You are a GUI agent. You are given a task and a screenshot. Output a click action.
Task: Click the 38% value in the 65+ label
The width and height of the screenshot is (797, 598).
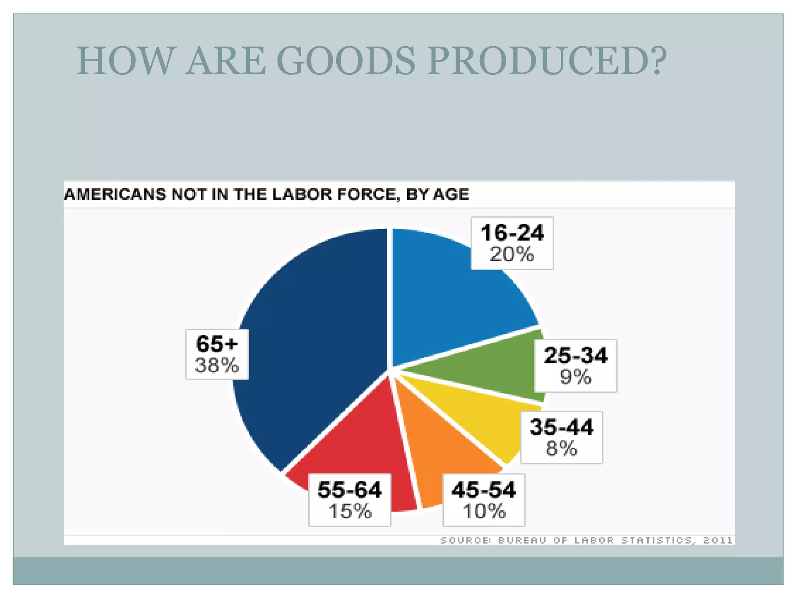(x=217, y=365)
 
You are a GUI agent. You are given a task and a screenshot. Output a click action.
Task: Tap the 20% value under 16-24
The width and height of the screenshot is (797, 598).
(x=512, y=254)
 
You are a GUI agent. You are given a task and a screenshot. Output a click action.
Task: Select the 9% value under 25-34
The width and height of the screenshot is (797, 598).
(x=575, y=376)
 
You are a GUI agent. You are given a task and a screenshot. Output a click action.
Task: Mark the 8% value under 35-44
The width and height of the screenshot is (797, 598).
(x=561, y=448)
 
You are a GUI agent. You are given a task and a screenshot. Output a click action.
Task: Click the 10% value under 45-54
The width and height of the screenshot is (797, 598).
(x=484, y=511)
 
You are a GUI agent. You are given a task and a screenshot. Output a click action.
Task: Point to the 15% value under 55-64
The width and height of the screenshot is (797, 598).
(x=349, y=511)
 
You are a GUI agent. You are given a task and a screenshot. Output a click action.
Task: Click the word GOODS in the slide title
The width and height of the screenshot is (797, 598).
(x=346, y=61)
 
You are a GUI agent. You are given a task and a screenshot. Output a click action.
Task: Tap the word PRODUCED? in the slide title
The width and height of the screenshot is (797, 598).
(x=547, y=61)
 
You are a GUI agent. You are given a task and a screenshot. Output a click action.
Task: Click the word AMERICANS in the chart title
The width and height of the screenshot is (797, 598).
(x=115, y=194)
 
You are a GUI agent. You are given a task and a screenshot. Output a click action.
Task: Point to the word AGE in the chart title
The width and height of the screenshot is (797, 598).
(x=452, y=194)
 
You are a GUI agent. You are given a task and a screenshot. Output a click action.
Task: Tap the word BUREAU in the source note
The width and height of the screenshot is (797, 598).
(x=522, y=540)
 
